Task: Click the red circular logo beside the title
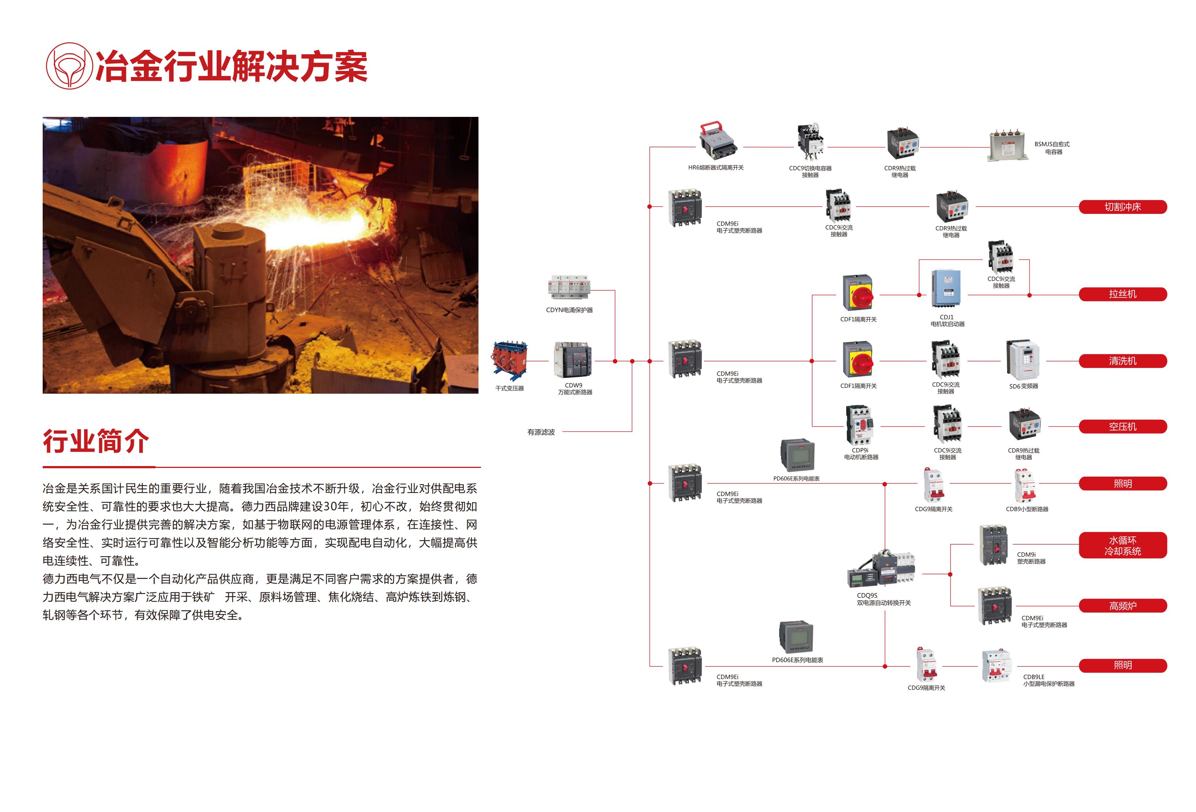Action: [x=69, y=66]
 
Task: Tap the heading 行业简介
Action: [x=96, y=441]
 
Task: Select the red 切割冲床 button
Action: [x=1123, y=207]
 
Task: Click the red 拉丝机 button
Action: [x=1123, y=294]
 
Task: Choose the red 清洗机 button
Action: [x=1123, y=361]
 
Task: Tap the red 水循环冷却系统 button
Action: [x=1123, y=546]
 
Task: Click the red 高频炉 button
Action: [x=1123, y=606]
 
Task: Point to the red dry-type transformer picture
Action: [x=510, y=360]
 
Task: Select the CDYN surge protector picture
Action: [x=569, y=287]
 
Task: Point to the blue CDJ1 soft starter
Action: [x=946, y=289]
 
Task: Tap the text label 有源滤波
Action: [x=541, y=432]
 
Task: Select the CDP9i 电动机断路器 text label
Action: [x=861, y=454]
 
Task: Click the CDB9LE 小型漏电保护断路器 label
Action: [x=1048, y=680]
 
